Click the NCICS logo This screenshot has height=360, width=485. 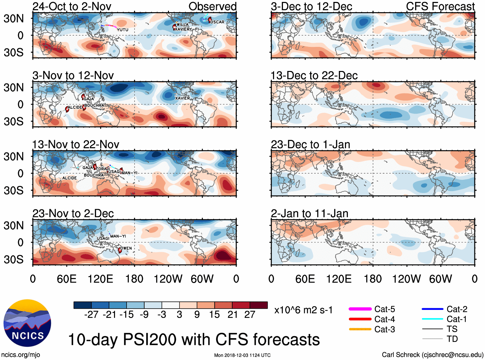[x=27, y=323]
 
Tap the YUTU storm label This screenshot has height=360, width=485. [x=122, y=30]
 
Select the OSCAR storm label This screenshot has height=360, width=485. [x=217, y=22]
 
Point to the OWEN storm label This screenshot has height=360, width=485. [x=126, y=248]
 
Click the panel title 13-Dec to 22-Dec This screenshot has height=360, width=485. [x=314, y=76]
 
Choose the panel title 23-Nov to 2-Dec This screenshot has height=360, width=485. [x=73, y=214]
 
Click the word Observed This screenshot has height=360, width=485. [x=212, y=6]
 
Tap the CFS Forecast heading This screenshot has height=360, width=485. [x=440, y=6]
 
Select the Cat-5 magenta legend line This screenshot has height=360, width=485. [x=360, y=309]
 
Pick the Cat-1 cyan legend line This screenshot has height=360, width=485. [x=432, y=319]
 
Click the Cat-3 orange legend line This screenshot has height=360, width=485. [x=360, y=329]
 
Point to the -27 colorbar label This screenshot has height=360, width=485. [x=91, y=314]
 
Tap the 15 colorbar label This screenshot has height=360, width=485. [x=215, y=314]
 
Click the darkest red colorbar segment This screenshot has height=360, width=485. [x=259, y=305]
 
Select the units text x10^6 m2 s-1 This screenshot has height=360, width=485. [x=303, y=310]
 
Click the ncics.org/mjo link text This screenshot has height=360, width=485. [x=21, y=355]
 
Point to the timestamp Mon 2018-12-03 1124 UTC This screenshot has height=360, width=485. [x=242, y=355]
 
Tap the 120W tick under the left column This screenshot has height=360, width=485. [x=168, y=279]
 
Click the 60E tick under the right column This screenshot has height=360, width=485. [x=305, y=279]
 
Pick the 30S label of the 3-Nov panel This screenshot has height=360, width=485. [x=13, y=121]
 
